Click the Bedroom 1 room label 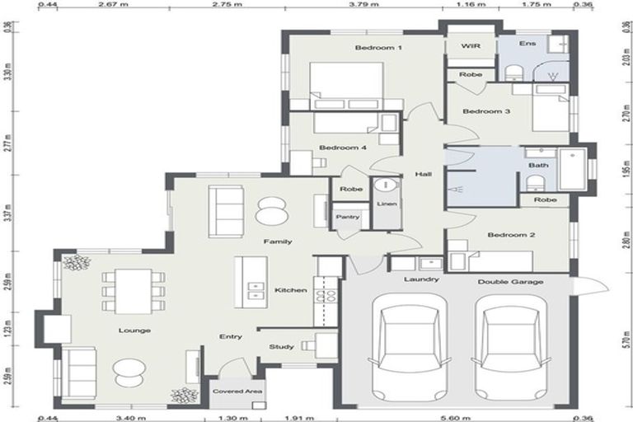[x=378, y=48]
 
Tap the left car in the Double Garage [x=410, y=345]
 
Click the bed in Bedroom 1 [x=346, y=85]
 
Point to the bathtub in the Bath [x=571, y=169]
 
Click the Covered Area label [x=237, y=392]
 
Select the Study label [x=281, y=347]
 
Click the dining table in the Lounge [x=133, y=291]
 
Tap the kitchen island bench [x=251, y=282]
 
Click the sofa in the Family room [x=225, y=211]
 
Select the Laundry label [x=420, y=279]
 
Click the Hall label [x=424, y=174]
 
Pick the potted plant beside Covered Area [x=183, y=396]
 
